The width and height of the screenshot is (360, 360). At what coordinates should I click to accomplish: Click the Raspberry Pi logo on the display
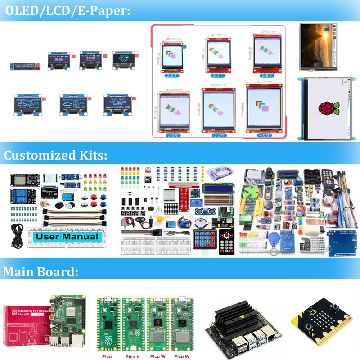327,108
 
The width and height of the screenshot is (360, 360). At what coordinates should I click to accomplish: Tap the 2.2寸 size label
171,76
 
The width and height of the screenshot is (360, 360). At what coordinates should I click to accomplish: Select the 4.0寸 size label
265,135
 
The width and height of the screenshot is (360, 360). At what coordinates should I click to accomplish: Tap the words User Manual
67,236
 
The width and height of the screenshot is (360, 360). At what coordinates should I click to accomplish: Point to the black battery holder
313,178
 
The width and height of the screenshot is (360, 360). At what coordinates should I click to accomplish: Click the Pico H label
133,357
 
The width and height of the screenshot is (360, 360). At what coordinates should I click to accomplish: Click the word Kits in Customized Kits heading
90,156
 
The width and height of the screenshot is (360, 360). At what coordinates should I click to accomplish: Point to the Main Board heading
40,272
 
